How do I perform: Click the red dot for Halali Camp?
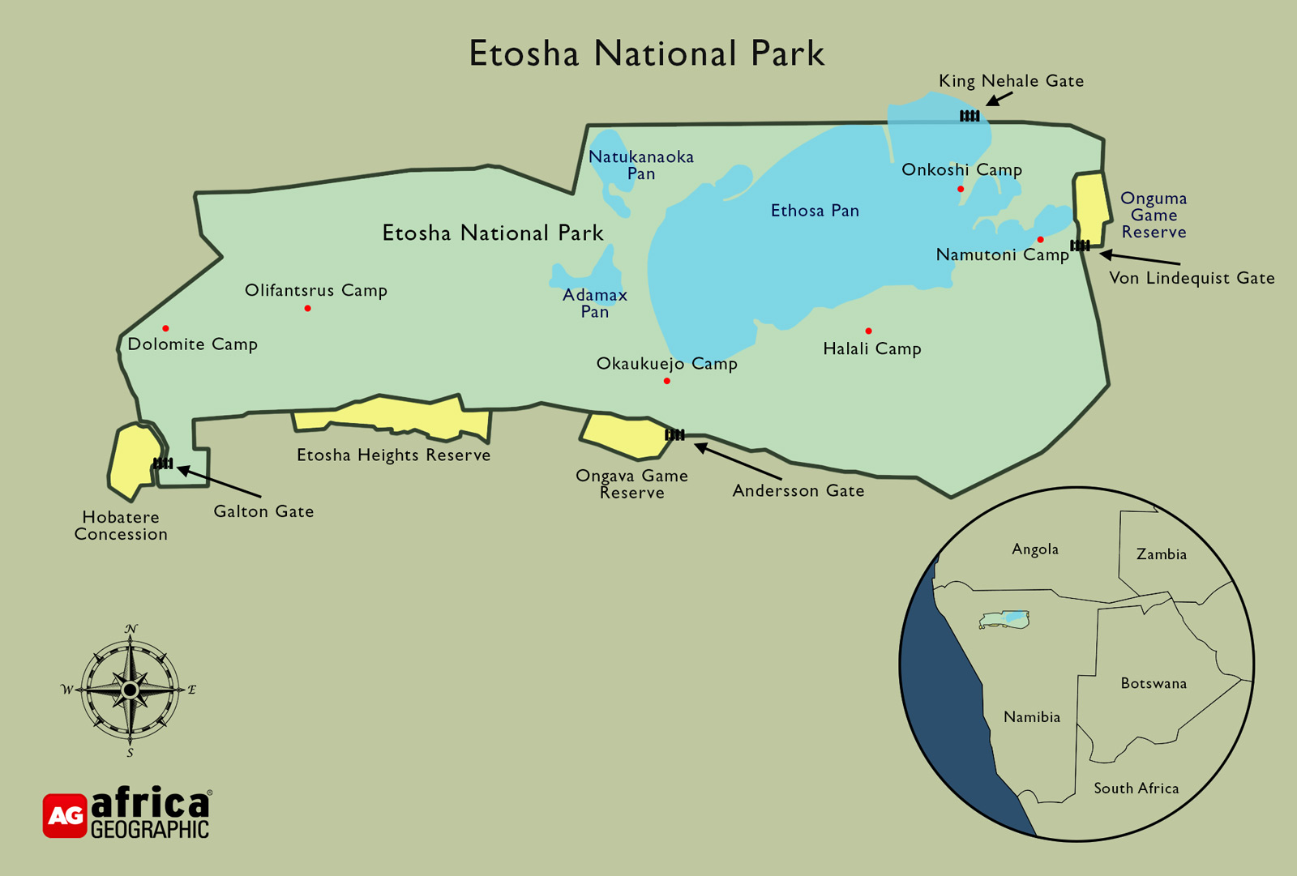click(868, 331)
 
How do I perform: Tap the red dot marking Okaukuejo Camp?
click(667, 381)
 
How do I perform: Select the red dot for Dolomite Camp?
click(165, 328)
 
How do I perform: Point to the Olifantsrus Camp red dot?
click(308, 309)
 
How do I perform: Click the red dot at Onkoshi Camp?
click(961, 189)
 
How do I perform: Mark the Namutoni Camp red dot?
click(1040, 240)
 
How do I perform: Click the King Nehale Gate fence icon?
click(970, 116)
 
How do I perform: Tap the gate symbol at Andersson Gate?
click(674, 435)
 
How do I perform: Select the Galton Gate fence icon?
click(163, 464)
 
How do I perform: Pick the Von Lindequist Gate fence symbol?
click(1080, 246)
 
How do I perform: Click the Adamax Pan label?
click(595, 303)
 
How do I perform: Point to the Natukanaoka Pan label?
click(640, 165)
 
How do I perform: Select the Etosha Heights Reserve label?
click(393, 455)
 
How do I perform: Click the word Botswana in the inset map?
click(1153, 683)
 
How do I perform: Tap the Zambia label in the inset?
click(1161, 554)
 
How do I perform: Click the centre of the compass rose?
click(130, 690)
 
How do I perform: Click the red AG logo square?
click(65, 815)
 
